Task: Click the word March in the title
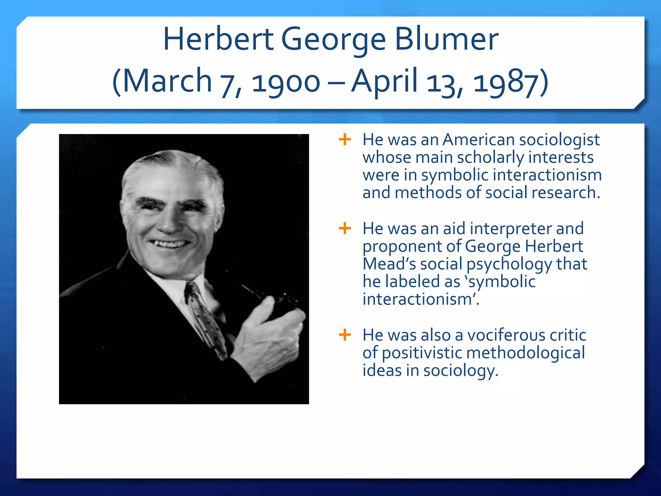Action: [x=167, y=81]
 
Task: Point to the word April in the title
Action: [x=384, y=81]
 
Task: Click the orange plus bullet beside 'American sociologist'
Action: [x=345, y=140]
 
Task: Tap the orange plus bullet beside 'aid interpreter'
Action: [x=345, y=228]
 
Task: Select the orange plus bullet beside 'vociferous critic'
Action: [x=345, y=335]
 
